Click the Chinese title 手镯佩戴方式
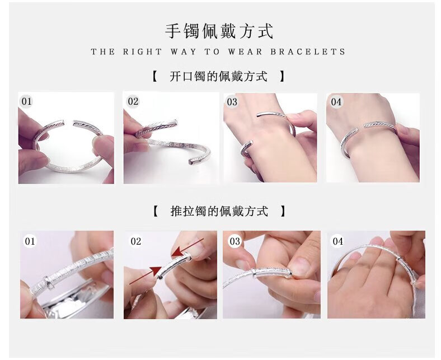point(219,31)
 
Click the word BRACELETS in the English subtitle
point(308,52)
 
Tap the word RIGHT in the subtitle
point(142,52)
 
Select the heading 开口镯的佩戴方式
point(218,76)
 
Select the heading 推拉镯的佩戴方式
point(219,211)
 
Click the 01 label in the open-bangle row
point(27,101)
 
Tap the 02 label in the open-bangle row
point(133,101)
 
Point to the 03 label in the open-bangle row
point(232,101)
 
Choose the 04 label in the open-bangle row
point(336,101)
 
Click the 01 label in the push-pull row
point(30,241)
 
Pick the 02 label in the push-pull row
point(135,241)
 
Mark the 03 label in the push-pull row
point(235,241)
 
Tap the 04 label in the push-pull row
point(338,241)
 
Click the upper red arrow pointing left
point(187,247)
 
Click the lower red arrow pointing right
point(146,275)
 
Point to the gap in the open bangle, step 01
point(69,123)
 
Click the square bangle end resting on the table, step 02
point(191,162)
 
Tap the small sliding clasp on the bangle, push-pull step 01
point(49,283)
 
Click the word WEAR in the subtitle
point(245,52)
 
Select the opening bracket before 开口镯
point(154,76)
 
